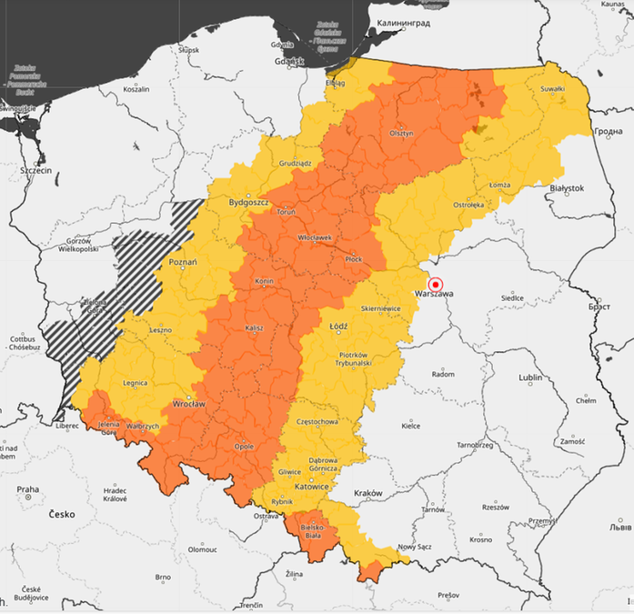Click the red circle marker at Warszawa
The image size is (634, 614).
pos(435,284)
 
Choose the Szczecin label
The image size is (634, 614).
pos(35,169)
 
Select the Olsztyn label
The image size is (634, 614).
pos(401,133)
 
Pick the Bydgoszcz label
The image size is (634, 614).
pos(247,202)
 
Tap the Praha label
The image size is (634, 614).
pos(27,489)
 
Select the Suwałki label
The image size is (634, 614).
pos(552,88)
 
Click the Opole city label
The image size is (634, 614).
pos(245,447)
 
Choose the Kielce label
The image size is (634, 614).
pos(411,425)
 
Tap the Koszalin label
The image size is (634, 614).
pos(136,89)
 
